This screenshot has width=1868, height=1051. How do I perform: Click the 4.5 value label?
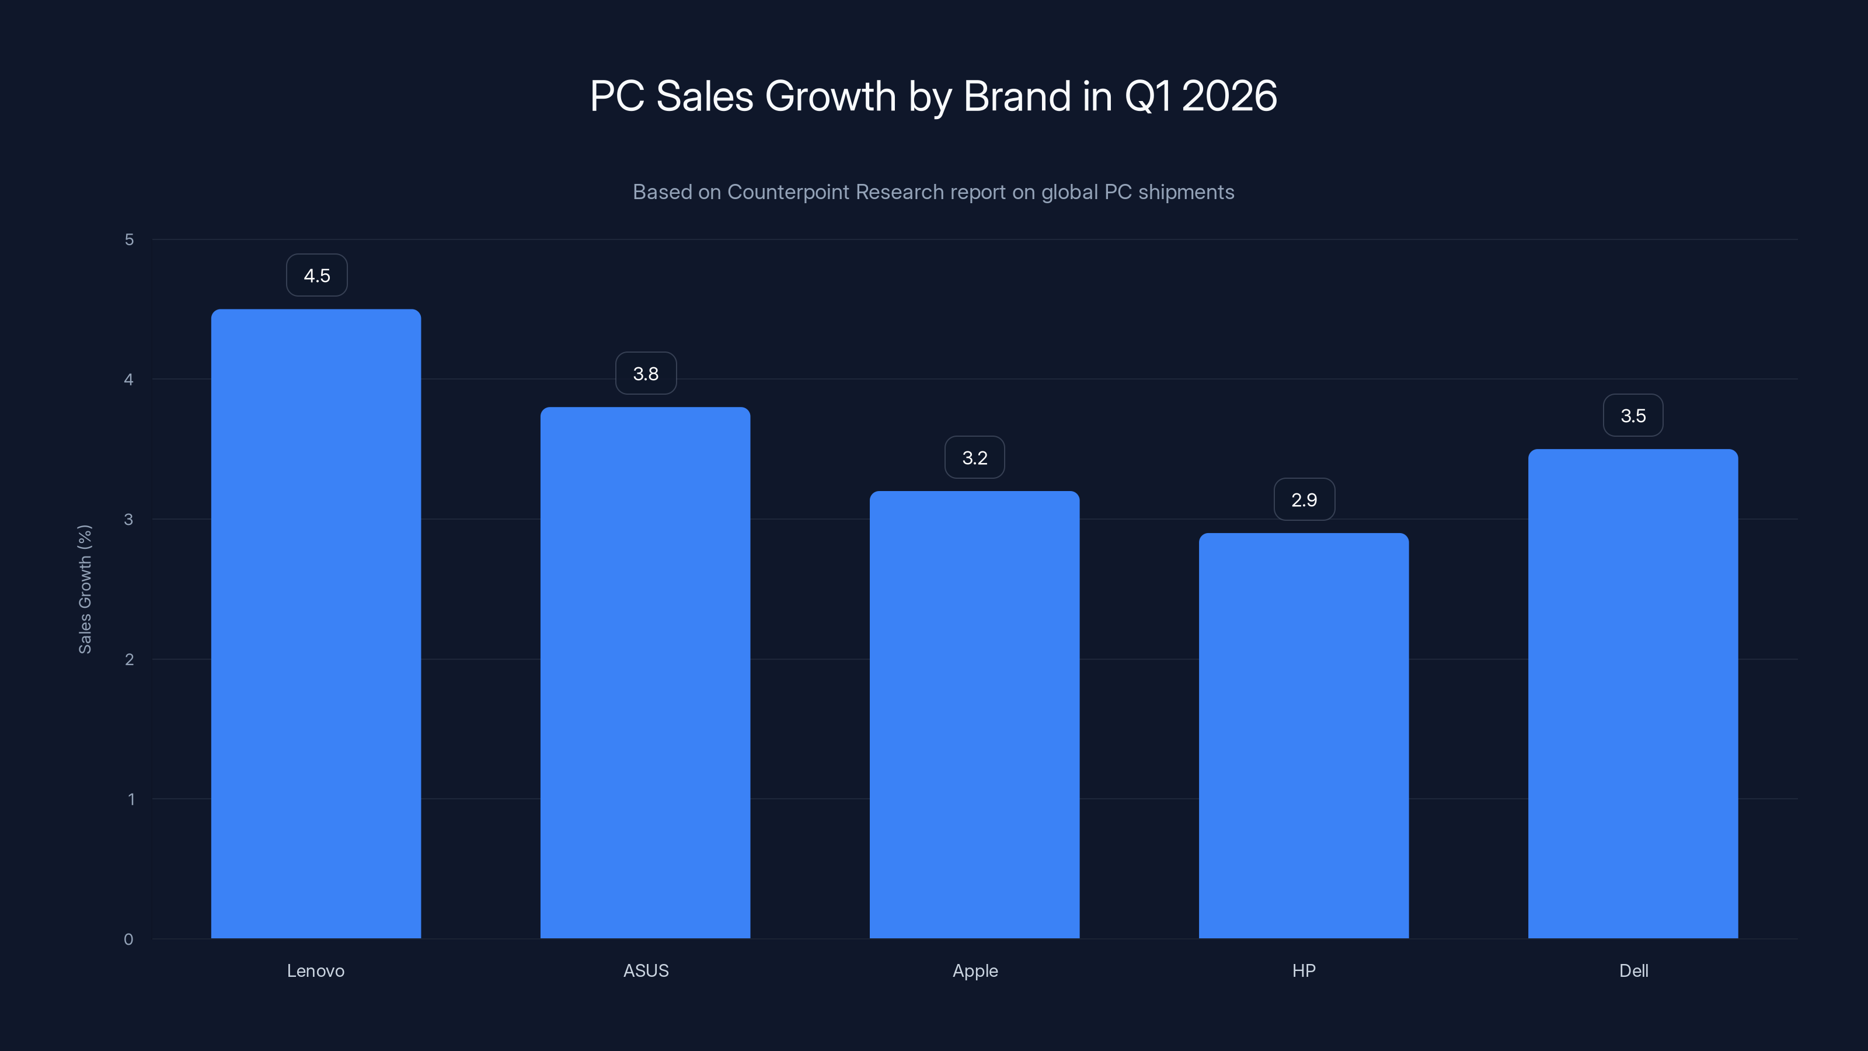[316, 276]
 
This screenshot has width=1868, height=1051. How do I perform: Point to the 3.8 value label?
[646, 374]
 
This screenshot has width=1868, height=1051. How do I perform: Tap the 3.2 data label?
[975, 458]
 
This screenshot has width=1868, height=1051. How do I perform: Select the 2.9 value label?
[1304, 500]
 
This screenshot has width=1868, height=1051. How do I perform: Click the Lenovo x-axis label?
[315, 970]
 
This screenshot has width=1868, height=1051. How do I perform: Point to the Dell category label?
[1633, 970]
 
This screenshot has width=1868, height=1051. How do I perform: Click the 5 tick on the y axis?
[129, 239]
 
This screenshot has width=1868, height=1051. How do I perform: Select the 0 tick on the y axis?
[128, 939]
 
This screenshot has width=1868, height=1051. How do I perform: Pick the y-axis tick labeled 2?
[129, 659]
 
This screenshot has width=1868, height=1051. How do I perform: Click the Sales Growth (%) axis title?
[85, 589]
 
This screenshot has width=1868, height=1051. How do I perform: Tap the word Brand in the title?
[1017, 96]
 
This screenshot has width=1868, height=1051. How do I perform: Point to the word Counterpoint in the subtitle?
[788, 192]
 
